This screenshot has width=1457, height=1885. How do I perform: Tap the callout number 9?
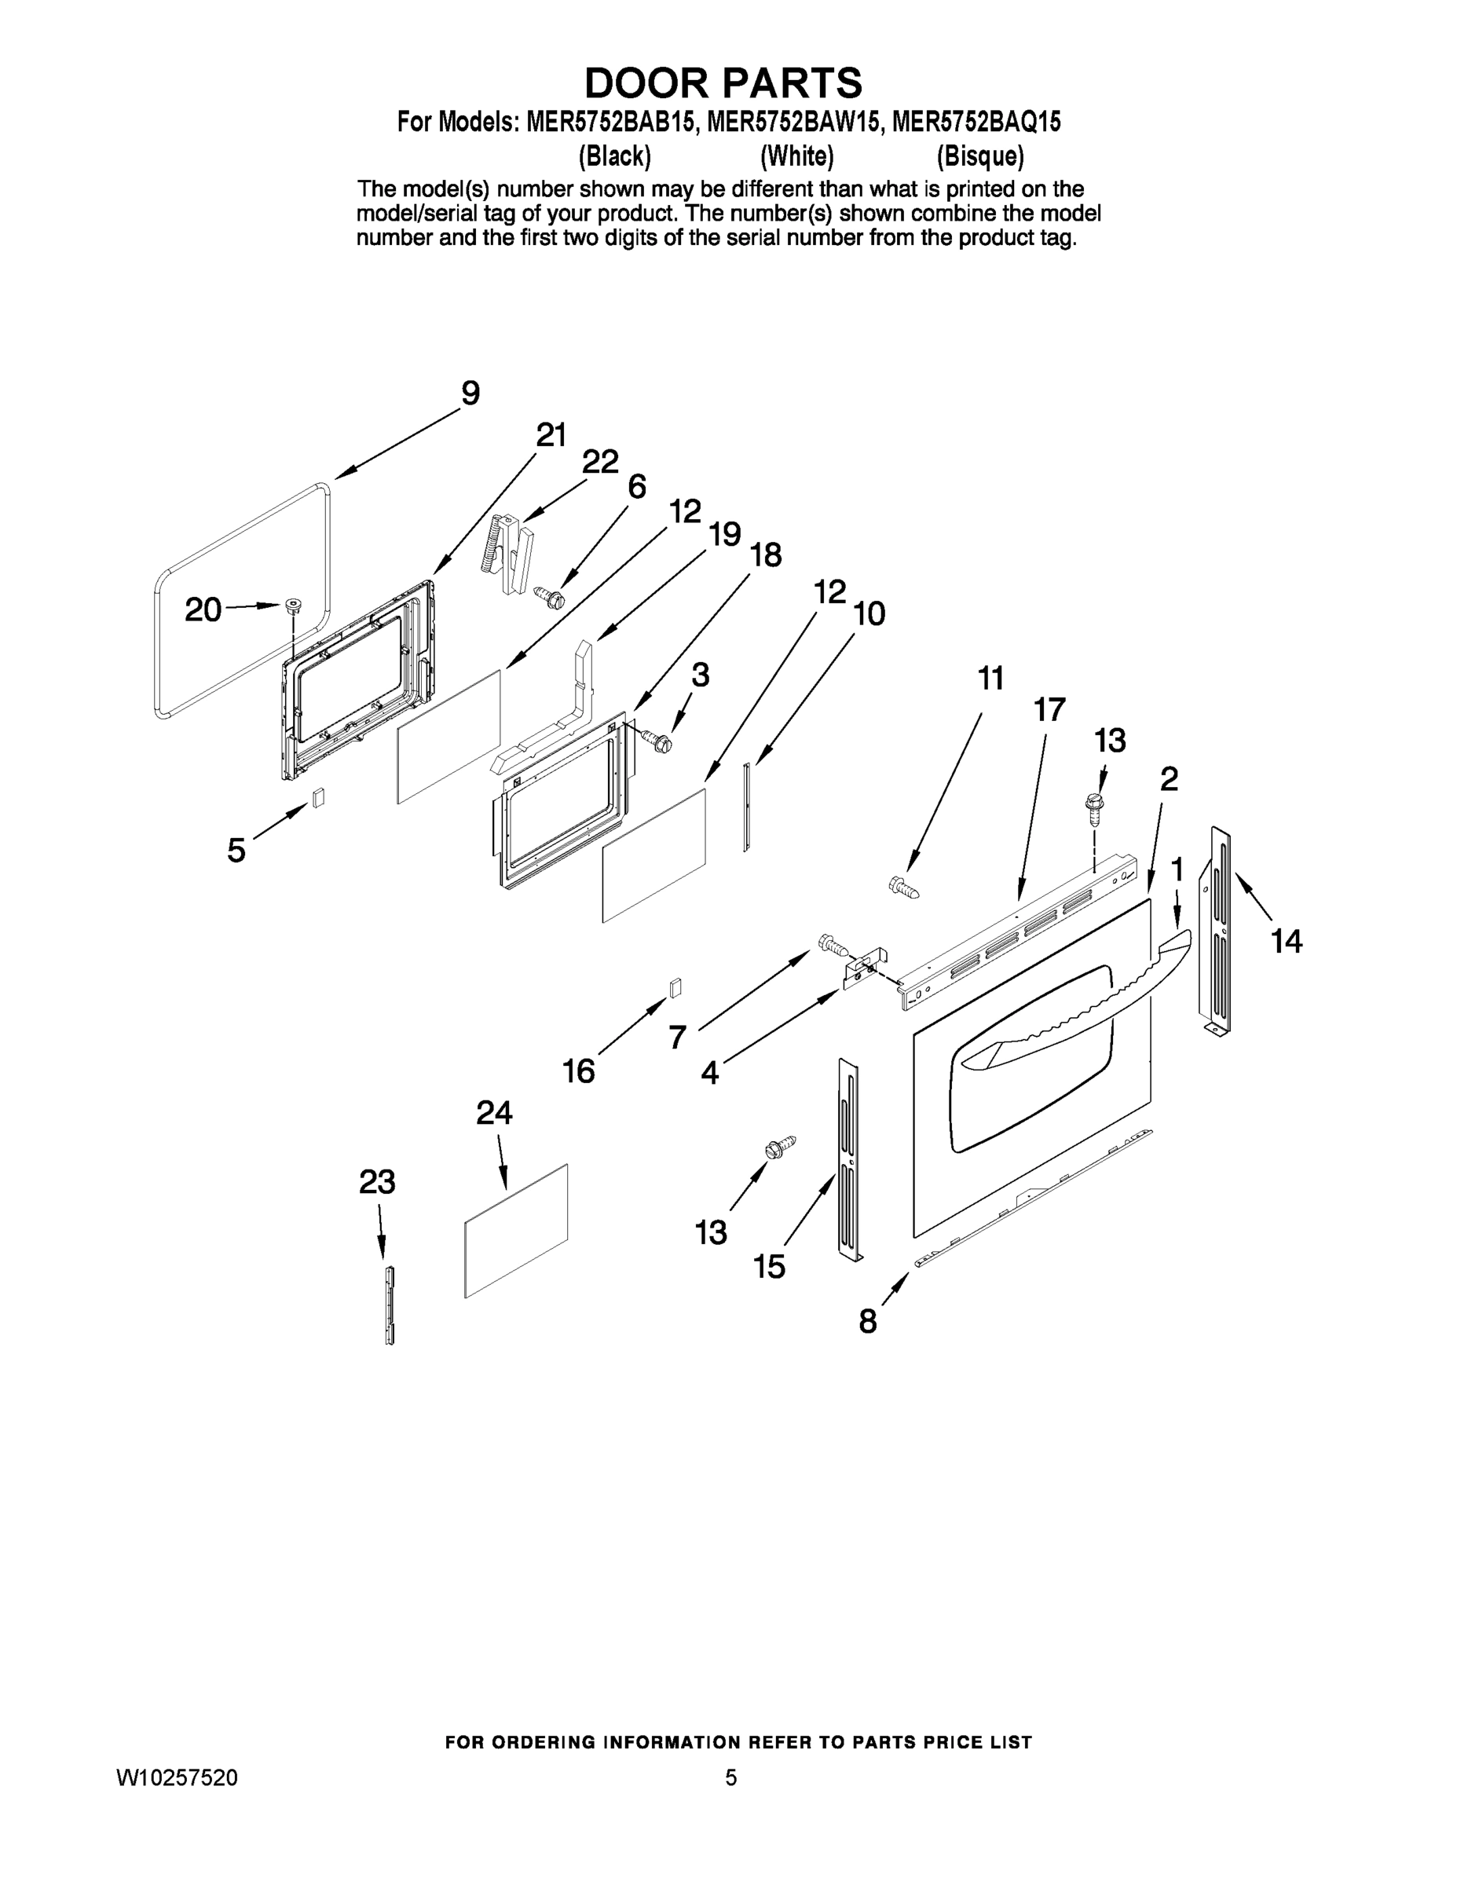470,393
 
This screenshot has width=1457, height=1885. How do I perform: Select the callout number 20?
203,610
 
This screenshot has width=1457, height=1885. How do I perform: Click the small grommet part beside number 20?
293,603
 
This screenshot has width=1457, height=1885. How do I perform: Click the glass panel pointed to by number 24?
516,1230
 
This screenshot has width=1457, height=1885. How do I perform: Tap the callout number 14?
1286,941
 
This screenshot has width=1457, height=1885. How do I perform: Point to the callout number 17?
1049,709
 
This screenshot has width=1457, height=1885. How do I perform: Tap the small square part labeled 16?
675,986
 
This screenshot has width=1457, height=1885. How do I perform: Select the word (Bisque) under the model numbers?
979,156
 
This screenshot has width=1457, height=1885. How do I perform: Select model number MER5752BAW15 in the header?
794,123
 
